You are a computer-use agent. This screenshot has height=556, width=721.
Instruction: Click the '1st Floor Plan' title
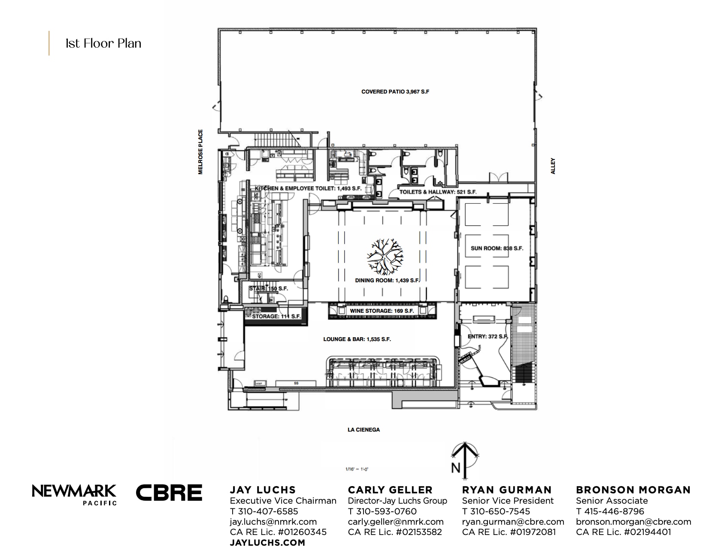click(103, 43)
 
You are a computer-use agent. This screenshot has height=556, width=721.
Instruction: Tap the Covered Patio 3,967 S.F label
click(395, 92)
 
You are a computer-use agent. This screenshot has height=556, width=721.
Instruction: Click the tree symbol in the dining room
click(385, 257)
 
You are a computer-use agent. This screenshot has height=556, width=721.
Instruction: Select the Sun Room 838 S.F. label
click(497, 248)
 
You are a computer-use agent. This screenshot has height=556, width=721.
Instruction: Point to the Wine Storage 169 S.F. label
click(382, 311)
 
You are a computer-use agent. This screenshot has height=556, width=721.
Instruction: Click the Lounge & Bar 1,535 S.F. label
click(357, 339)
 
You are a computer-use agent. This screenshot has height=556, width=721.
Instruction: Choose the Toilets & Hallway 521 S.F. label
click(438, 192)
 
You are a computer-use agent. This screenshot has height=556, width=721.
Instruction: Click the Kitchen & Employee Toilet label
click(308, 188)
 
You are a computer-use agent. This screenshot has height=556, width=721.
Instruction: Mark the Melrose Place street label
click(200, 152)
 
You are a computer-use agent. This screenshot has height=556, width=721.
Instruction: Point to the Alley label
click(553, 166)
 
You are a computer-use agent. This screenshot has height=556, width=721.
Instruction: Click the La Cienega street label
click(364, 429)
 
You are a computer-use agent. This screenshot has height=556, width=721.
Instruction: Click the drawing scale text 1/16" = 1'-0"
click(357, 469)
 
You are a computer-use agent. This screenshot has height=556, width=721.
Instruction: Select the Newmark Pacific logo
click(74, 494)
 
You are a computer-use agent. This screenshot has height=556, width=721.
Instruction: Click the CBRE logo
click(169, 493)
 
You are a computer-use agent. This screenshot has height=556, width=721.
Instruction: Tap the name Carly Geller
click(390, 490)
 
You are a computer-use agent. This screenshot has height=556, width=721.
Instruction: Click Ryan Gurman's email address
click(513, 522)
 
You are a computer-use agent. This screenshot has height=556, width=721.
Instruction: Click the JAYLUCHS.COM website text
click(267, 543)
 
